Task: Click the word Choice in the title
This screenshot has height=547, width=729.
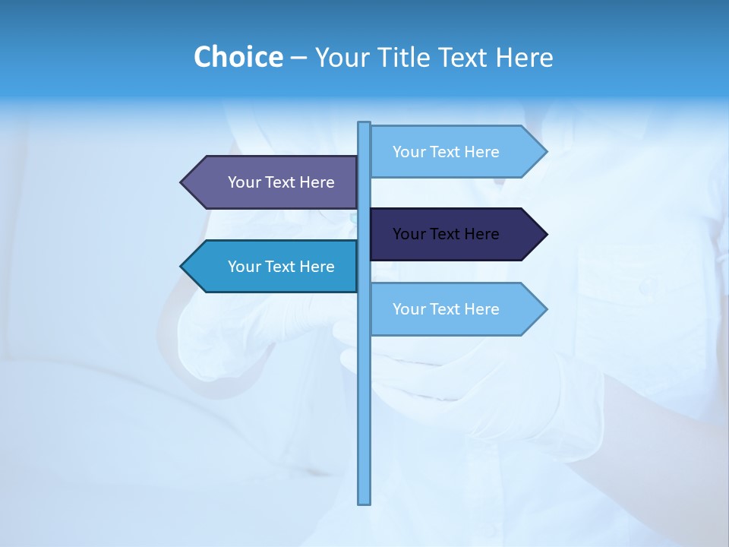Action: click(x=238, y=57)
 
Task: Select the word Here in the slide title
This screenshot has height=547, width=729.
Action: click(x=524, y=57)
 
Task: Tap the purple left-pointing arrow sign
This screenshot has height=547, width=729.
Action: click(x=273, y=182)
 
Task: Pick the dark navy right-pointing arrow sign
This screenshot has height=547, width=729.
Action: click(x=456, y=234)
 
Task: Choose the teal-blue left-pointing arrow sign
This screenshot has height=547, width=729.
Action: click(x=273, y=267)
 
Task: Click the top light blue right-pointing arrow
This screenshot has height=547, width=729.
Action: click(x=456, y=152)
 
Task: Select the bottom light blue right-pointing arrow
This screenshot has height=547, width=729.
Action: click(x=456, y=309)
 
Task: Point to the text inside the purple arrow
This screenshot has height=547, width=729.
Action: click(x=281, y=182)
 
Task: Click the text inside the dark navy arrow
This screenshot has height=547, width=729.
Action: click(x=446, y=234)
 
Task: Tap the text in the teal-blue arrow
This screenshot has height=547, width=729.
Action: click(x=281, y=267)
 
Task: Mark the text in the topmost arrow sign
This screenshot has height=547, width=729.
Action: click(x=446, y=152)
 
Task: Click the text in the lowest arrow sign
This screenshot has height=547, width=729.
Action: click(x=446, y=309)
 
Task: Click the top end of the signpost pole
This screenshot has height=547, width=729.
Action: click(x=364, y=124)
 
